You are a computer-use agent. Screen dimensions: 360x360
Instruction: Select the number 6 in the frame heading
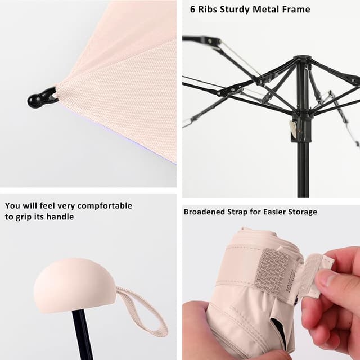coord(193,10)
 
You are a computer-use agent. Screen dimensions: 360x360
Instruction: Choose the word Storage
coord(301,211)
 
